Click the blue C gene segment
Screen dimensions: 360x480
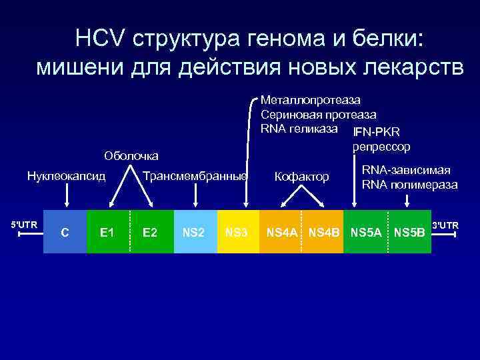tap(65, 232)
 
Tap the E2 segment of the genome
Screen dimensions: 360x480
tap(150, 232)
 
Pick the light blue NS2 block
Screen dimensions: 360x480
tap(195, 232)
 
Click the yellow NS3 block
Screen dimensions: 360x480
tap(237, 232)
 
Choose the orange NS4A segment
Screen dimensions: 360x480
tap(283, 232)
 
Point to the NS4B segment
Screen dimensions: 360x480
tap(324, 232)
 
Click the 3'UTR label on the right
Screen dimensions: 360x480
tap(446, 225)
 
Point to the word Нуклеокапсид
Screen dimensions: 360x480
tap(66, 177)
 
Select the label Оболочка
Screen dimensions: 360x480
tap(131, 156)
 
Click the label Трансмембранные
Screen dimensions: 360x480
tap(195, 177)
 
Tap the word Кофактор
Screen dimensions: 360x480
tap(302, 177)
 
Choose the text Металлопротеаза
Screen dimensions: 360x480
tap(310, 100)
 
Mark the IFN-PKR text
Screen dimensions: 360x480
tap(376, 131)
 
